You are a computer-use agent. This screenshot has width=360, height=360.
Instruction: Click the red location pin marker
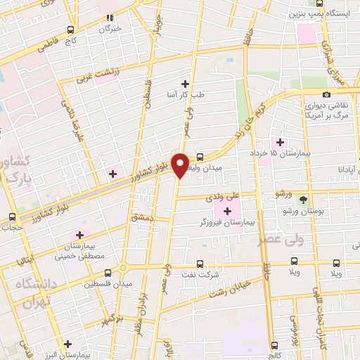tap(181, 165)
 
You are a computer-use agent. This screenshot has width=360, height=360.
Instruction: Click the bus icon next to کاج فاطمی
tap(69, 30)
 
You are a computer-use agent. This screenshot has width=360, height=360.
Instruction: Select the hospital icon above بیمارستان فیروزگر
tap(226, 210)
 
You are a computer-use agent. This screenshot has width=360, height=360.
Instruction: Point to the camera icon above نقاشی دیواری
tap(326, 94)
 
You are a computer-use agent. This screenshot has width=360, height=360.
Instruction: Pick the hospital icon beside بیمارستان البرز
tap(67, 344)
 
